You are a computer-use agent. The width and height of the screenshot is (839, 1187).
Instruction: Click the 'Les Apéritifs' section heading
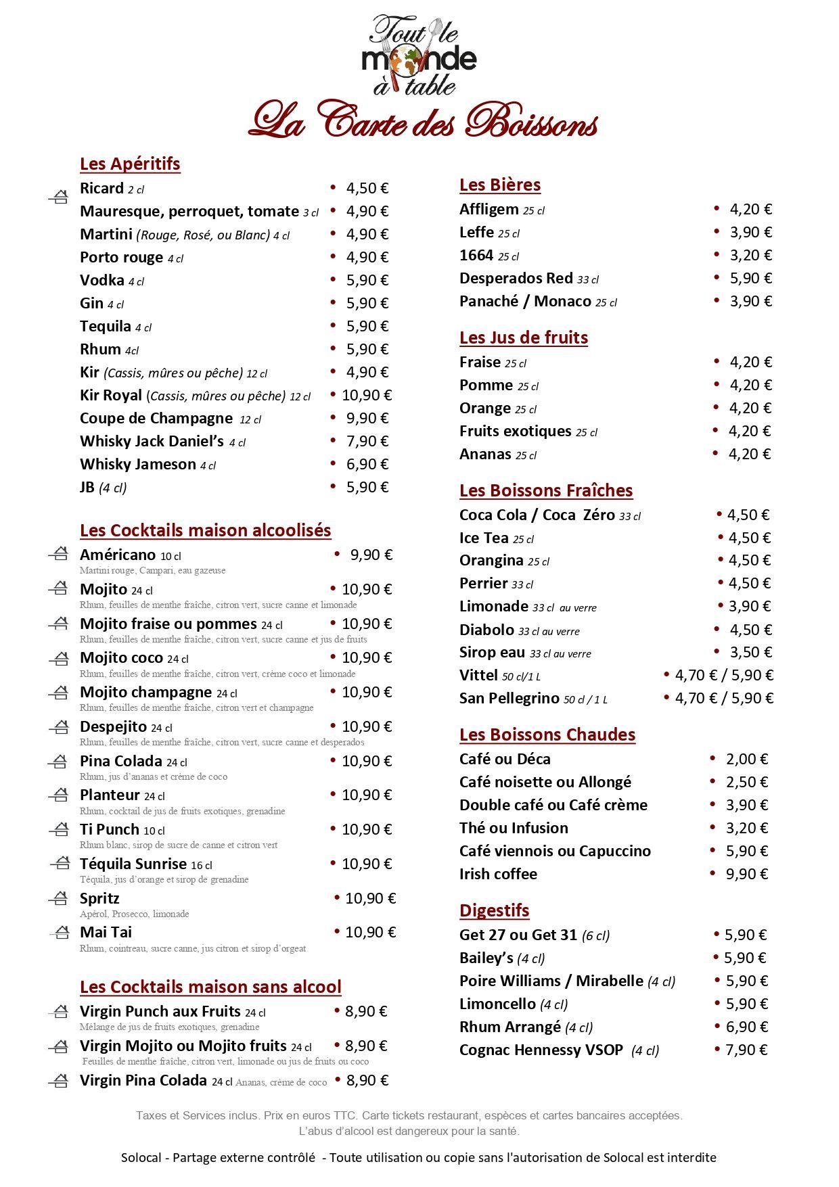[x=130, y=164]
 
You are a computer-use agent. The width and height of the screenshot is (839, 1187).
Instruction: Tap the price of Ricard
[x=367, y=188]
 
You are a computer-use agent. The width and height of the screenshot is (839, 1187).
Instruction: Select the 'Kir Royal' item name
[x=111, y=395]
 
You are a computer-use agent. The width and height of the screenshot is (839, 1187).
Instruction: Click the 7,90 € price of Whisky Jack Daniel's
[x=367, y=441]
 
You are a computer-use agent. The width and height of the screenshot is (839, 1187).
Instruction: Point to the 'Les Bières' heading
[x=499, y=185]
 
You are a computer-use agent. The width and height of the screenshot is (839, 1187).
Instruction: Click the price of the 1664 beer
[x=750, y=255]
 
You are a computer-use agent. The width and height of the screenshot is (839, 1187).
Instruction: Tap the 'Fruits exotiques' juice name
[x=515, y=431]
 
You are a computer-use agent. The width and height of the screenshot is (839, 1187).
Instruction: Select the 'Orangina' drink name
[x=491, y=560]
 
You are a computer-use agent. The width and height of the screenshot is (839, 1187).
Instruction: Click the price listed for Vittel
[x=723, y=675]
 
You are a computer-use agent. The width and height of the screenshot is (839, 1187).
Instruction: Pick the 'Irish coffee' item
[x=498, y=874]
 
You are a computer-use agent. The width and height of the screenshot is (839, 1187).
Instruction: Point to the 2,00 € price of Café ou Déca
[x=746, y=759]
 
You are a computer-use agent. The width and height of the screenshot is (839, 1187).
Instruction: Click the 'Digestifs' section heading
[x=494, y=910]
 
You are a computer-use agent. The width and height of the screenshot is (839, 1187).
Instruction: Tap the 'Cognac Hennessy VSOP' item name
[x=541, y=1050]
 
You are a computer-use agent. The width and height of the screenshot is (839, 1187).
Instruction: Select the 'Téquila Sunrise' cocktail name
[x=133, y=864]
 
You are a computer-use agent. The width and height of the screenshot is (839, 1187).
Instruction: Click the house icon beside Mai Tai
[x=60, y=933]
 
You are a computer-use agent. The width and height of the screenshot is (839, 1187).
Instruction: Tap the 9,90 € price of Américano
[x=371, y=555]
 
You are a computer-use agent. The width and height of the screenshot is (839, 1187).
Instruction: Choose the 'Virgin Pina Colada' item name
[x=143, y=1080]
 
